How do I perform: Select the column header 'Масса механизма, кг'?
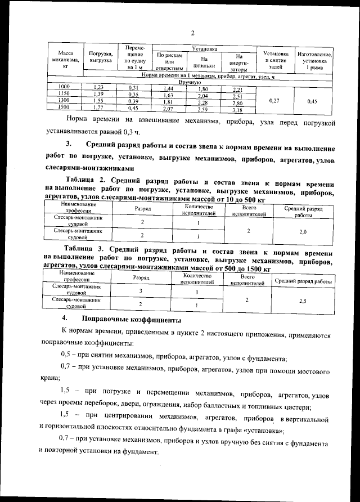coord(65,59)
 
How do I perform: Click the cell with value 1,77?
coord(99,107)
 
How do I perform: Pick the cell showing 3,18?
coord(237,110)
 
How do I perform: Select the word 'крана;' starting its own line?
coord(51,380)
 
